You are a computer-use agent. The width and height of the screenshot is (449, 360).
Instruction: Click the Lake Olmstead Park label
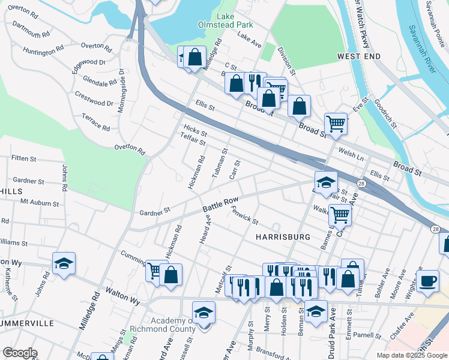(226, 20)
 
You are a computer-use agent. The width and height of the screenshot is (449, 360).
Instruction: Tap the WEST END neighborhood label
(359, 56)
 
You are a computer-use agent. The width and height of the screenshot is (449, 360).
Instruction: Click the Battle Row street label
(221, 205)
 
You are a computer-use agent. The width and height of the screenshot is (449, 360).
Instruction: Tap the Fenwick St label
(245, 215)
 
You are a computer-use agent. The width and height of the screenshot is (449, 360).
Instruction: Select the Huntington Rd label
(44, 52)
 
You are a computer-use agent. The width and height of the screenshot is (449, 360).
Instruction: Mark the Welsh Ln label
(352, 154)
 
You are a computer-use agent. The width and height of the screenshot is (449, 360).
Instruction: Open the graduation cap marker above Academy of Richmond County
(203, 313)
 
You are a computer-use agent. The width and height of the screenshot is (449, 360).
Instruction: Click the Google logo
(20, 353)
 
